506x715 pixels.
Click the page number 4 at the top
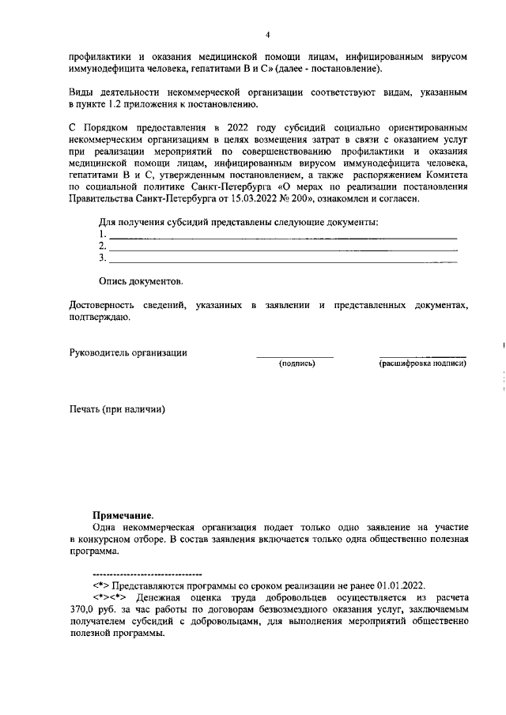coord(268,35)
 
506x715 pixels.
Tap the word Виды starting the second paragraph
coord(81,93)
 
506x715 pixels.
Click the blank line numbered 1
coord(282,236)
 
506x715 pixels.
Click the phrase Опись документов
coord(141,281)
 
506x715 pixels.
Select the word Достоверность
coord(106,304)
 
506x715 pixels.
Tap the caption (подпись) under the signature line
coord(296,363)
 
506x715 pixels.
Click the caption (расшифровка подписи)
coord(422,363)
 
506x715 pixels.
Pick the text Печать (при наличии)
coord(118,409)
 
